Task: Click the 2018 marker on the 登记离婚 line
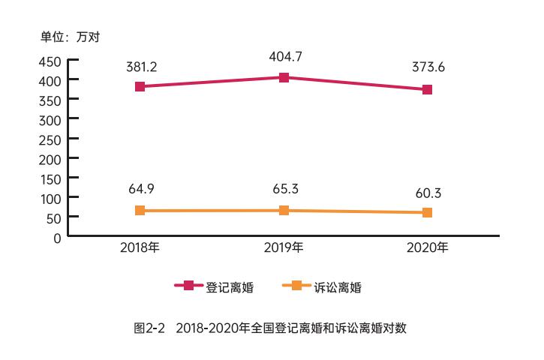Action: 140,87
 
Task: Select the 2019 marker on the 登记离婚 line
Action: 284,77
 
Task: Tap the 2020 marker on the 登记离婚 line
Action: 427,90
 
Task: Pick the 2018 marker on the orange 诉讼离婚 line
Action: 140,211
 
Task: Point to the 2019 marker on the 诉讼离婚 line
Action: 284,211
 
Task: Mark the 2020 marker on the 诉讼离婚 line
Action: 427,213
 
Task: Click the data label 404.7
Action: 284,55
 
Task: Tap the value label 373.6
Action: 428,67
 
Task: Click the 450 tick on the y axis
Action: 51,61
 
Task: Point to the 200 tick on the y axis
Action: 51,158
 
